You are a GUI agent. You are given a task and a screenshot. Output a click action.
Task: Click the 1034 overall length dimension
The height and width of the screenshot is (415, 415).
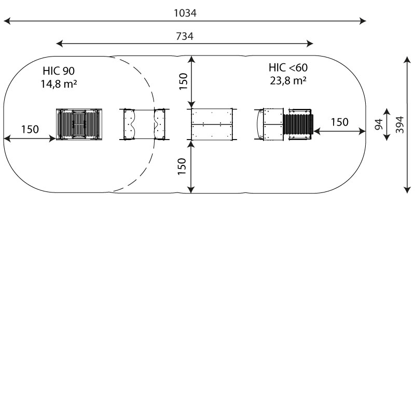pyautogui.click(x=185, y=13)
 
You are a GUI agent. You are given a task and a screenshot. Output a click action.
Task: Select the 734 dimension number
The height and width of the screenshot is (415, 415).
pyautogui.click(x=185, y=36)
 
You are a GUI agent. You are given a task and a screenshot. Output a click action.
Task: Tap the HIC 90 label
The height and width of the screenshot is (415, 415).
pyautogui.click(x=59, y=71)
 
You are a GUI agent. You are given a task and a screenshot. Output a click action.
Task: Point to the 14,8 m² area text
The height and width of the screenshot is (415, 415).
pyautogui.click(x=59, y=84)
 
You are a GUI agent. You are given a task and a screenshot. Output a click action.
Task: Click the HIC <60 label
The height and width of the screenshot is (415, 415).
pyautogui.click(x=288, y=67)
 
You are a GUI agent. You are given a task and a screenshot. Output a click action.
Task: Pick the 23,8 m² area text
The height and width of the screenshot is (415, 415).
pyautogui.click(x=288, y=80)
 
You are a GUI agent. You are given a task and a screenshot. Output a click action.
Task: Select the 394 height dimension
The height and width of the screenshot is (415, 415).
pyautogui.click(x=400, y=125)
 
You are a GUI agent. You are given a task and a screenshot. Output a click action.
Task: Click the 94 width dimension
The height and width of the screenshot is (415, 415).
pyautogui.click(x=379, y=125)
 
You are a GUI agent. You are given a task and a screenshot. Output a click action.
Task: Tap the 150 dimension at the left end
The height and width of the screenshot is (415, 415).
pyautogui.click(x=30, y=129)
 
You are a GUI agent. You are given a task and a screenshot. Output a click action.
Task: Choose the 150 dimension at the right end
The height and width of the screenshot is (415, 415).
pyautogui.click(x=340, y=122)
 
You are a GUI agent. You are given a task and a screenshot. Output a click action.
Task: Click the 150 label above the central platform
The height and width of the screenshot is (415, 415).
pyautogui.click(x=183, y=81)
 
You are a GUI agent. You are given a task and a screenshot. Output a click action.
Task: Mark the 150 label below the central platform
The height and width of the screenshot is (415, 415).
pyautogui.click(x=182, y=166)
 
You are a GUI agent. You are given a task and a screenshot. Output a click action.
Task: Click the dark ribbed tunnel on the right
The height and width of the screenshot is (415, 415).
pyautogui.click(x=298, y=124)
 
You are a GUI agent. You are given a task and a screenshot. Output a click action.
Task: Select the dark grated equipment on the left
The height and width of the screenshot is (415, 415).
pyautogui.click(x=79, y=124)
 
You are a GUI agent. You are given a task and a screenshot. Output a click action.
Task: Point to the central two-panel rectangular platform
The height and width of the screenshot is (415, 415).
pyautogui.click(x=212, y=124)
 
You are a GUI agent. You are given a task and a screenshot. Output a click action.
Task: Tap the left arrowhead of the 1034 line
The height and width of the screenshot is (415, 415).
pyautogui.click(x=7, y=21)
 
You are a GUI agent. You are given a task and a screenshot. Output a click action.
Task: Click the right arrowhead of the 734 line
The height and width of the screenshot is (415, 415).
pyautogui.click(x=310, y=44)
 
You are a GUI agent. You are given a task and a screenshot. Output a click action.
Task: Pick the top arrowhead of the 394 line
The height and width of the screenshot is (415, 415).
pyautogui.click(x=407, y=60)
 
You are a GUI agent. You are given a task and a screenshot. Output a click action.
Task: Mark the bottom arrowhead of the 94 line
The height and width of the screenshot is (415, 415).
pyautogui.click(x=386, y=137)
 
